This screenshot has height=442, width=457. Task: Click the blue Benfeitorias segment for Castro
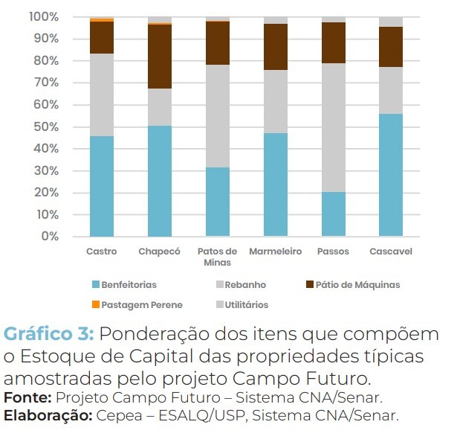pyautogui.click(x=101, y=186)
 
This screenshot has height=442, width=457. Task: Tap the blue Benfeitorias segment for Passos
pyautogui.click(x=333, y=214)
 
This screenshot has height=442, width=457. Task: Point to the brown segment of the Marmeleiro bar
pyautogui.click(x=275, y=47)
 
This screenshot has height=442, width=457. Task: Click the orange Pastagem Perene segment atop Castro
pyautogui.click(x=101, y=19)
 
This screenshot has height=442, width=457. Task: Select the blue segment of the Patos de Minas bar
pyautogui.click(x=217, y=202)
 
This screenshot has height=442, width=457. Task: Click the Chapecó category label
pyautogui.click(x=159, y=252)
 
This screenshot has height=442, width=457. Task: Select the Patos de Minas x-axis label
pyautogui.click(x=217, y=257)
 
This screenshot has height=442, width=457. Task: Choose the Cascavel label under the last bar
pyautogui.click(x=391, y=252)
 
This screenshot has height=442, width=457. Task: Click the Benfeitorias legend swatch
pyautogui.click(x=95, y=285)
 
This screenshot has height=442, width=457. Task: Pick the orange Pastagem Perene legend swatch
pyautogui.click(x=95, y=304)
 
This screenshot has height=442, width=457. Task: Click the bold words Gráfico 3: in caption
pyautogui.click(x=49, y=333)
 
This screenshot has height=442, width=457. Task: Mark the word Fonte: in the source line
pyautogui.click(x=28, y=398)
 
